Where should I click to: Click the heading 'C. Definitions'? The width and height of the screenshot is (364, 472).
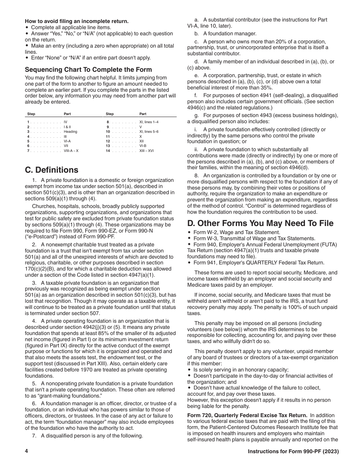point(52,170)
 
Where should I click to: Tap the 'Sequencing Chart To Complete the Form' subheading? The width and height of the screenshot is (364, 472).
point(89,69)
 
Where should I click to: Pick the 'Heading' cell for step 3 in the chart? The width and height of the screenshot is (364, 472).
point(71,132)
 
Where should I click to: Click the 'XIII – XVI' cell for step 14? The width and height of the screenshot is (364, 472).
point(146,151)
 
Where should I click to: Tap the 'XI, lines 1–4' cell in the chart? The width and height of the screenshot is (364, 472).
point(149,122)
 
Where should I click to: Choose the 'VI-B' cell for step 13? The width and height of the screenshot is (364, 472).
point(143,146)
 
